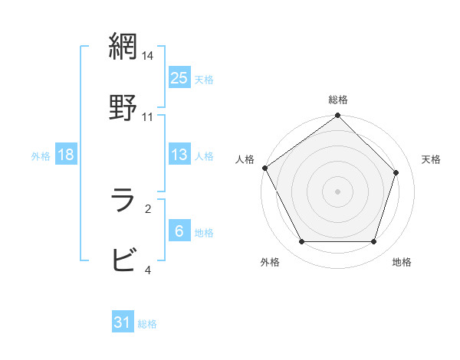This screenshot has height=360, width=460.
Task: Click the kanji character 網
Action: (x=123, y=47)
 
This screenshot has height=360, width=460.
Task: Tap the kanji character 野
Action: (x=123, y=106)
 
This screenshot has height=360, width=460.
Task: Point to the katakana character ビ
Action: (x=123, y=260)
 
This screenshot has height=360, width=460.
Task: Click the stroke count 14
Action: (x=148, y=56)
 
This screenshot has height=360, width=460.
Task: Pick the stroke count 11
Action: (x=148, y=116)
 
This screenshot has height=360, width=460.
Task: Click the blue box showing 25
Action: (x=179, y=77)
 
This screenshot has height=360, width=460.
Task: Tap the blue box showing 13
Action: (x=179, y=155)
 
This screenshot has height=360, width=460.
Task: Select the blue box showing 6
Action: (x=179, y=231)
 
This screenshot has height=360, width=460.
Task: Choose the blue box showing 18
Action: (x=66, y=155)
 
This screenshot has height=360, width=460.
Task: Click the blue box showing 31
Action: (x=123, y=323)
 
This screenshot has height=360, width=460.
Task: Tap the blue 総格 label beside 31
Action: (x=148, y=324)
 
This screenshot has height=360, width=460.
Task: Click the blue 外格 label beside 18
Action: (x=41, y=155)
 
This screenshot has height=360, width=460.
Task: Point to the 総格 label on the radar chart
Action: (x=338, y=100)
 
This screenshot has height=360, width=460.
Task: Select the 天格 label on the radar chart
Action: (x=431, y=159)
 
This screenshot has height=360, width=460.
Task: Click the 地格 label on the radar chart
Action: (x=402, y=263)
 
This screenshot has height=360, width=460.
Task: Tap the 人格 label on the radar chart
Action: (x=245, y=159)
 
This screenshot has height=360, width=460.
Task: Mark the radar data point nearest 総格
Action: (x=338, y=116)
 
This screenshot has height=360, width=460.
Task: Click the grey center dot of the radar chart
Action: (x=338, y=191)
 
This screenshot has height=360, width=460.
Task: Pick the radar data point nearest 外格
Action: (x=301, y=242)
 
